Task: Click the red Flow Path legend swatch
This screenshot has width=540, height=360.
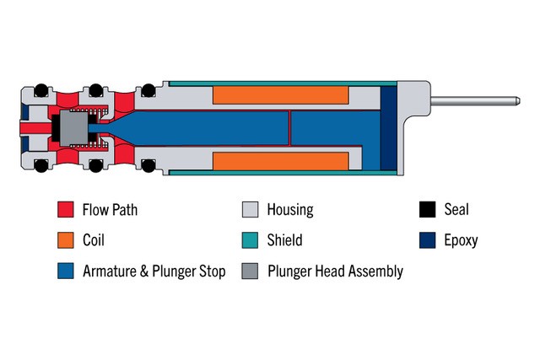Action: pyautogui.click(x=65, y=210)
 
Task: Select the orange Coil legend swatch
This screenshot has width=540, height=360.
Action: pyautogui.click(x=65, y=240)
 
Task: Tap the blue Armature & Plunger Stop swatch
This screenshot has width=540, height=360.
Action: pyautogui.click(x=65, y=271)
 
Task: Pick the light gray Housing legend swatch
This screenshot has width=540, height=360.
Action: pyautogui.click(x=250, y=210)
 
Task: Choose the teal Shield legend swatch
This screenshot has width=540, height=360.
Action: pyautogui.click(x=250, y=240)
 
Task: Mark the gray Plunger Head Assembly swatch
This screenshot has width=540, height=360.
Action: pyautogui.click(x=250, y=271)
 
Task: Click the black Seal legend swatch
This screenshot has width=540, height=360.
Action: pyautogui.click(x=428, y=210)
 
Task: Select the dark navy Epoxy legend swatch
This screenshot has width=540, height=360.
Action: pyautogui.click(x=428, y=240)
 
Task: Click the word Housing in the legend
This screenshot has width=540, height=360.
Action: pyautogui.click(x=290, y=210)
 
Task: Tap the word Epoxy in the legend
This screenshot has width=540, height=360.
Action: pyautogui.click(x=461, y=241)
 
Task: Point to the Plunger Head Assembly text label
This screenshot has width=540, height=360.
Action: pyautogui.click(x=335, y=271)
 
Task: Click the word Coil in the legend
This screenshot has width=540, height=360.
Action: pyautogui.click(x=95, y=240)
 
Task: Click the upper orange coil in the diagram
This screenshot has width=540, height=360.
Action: pyautogui.click(x=281, y=94)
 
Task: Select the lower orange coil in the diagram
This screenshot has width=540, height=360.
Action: pyautogui.click(x=281, y=160)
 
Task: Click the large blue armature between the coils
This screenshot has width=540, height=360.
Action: pyautogui.click(x=329, y=129)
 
